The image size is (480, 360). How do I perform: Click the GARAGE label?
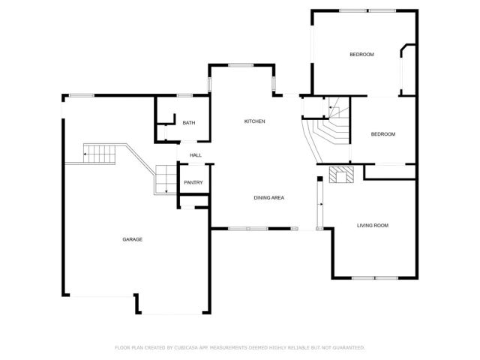(133, 239)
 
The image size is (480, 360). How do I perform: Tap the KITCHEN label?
(254, 121)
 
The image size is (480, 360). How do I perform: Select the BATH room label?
(188, 123)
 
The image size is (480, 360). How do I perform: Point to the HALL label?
(195, 155)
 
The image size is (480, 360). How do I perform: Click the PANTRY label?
(193, 183)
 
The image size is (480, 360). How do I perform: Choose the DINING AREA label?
(268, 198)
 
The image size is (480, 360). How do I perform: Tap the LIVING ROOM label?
(372, 225)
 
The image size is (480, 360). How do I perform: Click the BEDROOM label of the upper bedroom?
(361, 55)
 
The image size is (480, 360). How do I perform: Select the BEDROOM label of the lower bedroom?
(383, 134)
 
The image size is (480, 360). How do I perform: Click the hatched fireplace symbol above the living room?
(341, 175)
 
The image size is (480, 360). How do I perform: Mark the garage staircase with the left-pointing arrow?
(98, 154)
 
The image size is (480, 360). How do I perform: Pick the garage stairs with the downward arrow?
(164, 180)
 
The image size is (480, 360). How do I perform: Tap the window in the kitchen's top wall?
(239, 66)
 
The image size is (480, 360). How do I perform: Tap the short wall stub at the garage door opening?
(137, 304)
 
